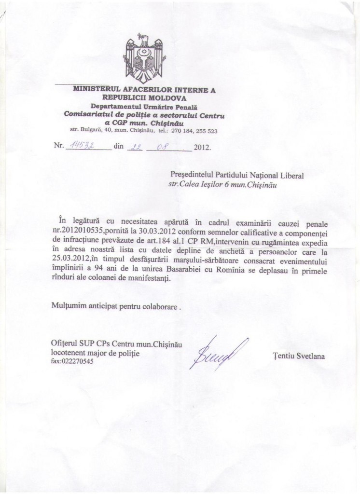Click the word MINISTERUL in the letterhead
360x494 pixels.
(x=95, y=89)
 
